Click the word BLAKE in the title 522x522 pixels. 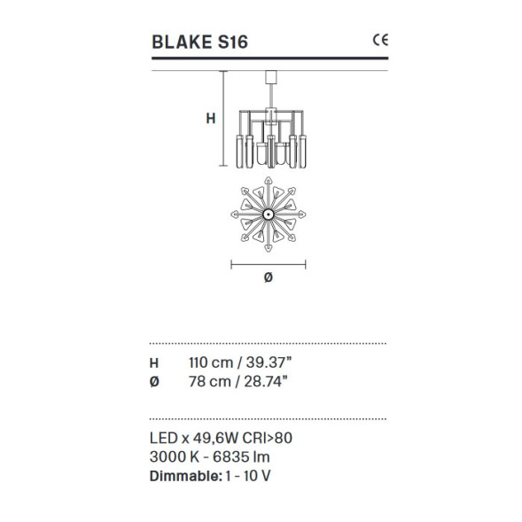(182, 43)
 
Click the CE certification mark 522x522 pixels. (380, 40)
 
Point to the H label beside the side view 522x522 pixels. (211, 119)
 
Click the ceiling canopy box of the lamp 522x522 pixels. (271, 77)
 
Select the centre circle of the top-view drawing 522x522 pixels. (269, 214)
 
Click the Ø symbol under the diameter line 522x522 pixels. (269, 277)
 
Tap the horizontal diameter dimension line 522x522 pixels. (269, 265)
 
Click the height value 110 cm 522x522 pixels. (211, 362)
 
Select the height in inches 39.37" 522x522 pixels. (269, 362)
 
